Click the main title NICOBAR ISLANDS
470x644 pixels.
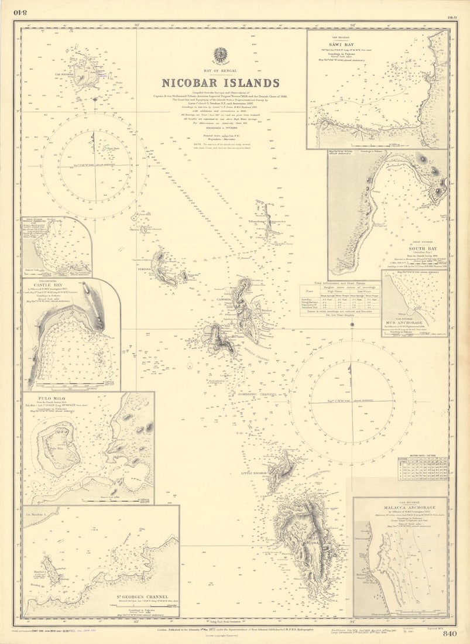(220, 83)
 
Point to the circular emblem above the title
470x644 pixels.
(220, 55)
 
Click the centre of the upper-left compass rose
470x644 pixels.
(94, 166)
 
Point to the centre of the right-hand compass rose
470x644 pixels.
(351, 401)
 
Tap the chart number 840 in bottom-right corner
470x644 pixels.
(450, 633)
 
